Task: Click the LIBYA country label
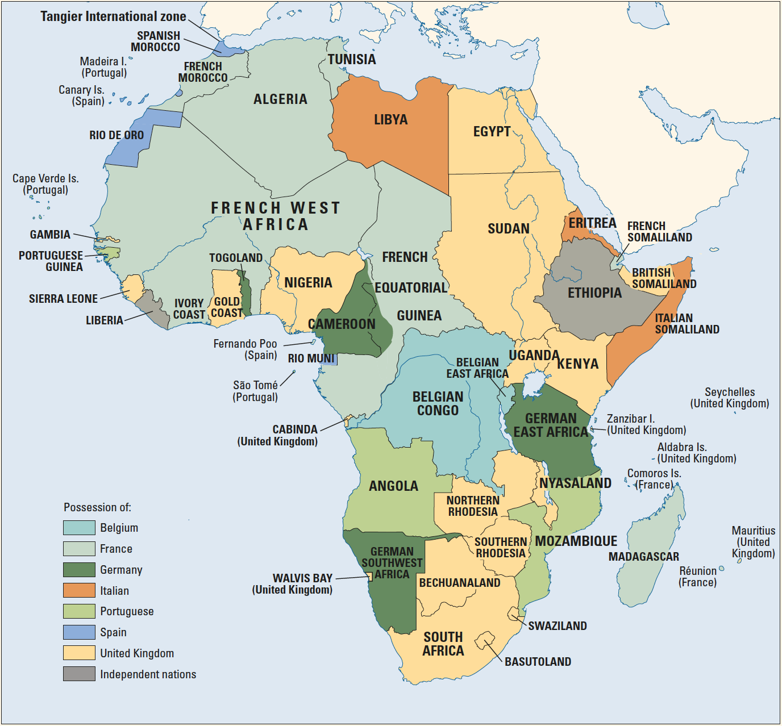click(x=390, y=120)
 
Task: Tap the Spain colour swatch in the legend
click(x=79, y=632)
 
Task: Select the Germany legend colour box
click(x=79, y=570)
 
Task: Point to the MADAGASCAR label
click(x=643, y=557)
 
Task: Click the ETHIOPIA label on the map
click(x=594, y=293)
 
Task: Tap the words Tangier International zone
click(x=113, y=16)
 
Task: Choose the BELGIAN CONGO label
click(x=438, y=403)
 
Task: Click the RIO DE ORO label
click(x=117, y=135)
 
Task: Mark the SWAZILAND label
click(x=557, y=626)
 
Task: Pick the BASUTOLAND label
click(x=538, y=662)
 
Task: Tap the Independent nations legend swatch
click(x=79, y=674)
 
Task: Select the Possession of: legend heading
click(x=97, y=507)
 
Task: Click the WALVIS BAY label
click(x=302, y=578)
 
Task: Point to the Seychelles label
click(x=730, y=393)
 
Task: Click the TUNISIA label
click(x=352, y=60)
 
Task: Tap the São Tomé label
click(x=255, y=386)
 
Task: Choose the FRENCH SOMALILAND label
click(x=659, y=232)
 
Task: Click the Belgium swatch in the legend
click(x=79, y=528)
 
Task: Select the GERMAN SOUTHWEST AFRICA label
click(x=392, y=563)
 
